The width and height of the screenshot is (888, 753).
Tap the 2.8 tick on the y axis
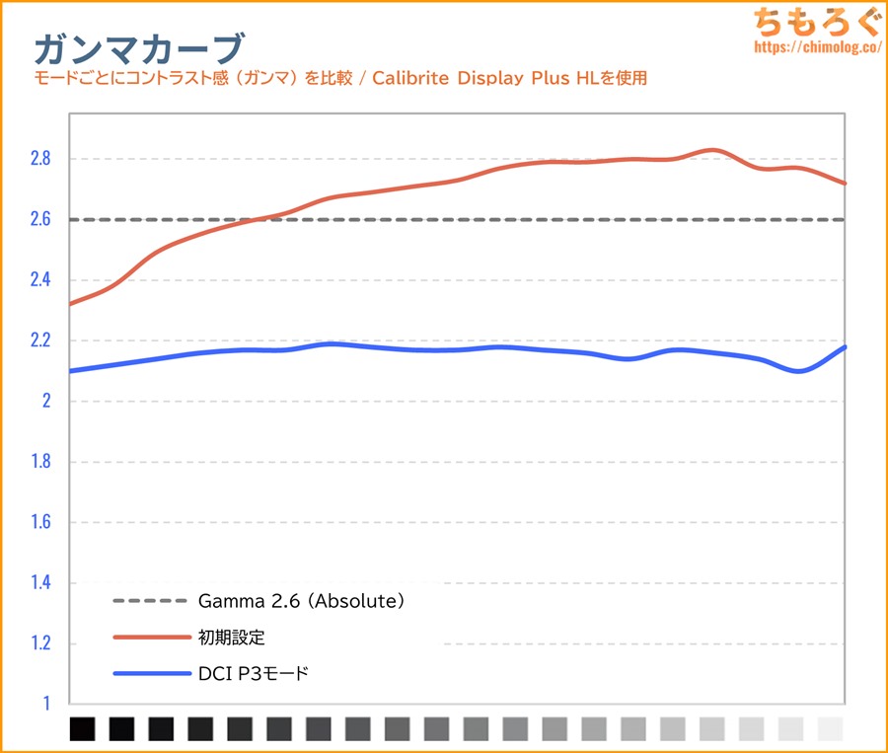click(x=40, y=159)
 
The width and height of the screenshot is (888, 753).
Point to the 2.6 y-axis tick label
click(x=40, y=219)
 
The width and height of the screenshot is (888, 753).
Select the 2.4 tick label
click(x=40, y=280)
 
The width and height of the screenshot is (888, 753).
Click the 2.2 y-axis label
click(x=40, y=340)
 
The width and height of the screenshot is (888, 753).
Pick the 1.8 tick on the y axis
click(x=40, y=462)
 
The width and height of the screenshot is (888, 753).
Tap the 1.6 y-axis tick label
click(x=40, y=523)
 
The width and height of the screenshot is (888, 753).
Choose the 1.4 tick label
click(x=40, y=583)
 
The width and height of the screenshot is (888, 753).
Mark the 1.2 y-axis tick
click(x=40, y=644)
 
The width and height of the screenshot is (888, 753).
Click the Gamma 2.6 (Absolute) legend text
click(x=302, y=600)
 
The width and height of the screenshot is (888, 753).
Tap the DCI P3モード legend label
click(x=254, y=674)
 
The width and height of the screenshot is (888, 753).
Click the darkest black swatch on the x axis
click(x=83, y=729)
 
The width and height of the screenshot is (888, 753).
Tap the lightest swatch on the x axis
click(x=831, y=729)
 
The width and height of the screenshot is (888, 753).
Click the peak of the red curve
click(x=713, y=150)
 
